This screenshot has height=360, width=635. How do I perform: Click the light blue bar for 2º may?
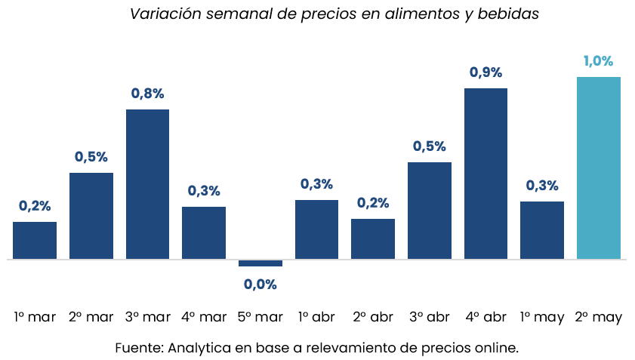(x=599, y=168)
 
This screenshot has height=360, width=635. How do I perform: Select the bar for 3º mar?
(x=147, y=184)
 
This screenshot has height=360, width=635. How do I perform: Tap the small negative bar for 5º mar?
(x=260, y=263)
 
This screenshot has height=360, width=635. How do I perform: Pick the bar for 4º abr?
(x=485, y=174)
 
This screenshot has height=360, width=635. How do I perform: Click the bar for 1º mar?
(x=35, y=240)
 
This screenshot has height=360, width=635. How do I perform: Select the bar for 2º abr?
(x=373, y=238)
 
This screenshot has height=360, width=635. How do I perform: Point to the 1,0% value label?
(x=598, y=61)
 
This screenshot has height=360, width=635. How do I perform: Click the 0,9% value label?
(x=485, y=72)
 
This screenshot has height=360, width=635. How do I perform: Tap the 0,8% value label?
(x=147, y=94)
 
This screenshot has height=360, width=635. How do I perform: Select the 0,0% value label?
(x=260, y=285)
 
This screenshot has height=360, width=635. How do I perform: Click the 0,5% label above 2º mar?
(x=91, y=157)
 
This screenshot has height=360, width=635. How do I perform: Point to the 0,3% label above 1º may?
(x=542, y=186)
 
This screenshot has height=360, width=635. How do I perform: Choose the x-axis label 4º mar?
(x=204, y=317)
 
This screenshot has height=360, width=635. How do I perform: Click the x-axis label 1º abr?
(x=316, y=317)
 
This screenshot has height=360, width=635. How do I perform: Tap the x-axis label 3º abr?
(x=430, y=317)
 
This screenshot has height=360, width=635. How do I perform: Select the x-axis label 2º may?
(x=599, y=318)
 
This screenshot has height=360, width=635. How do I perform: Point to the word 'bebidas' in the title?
(x=508, y=14)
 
